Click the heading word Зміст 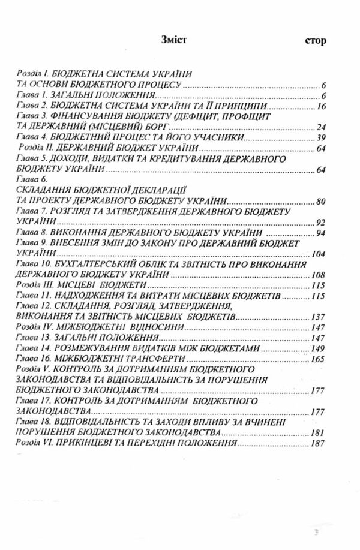click(x=174, y=41)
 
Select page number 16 click(x=321, y=106)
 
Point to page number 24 click(x=321, y=127)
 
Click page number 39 click(x=321, y=138)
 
